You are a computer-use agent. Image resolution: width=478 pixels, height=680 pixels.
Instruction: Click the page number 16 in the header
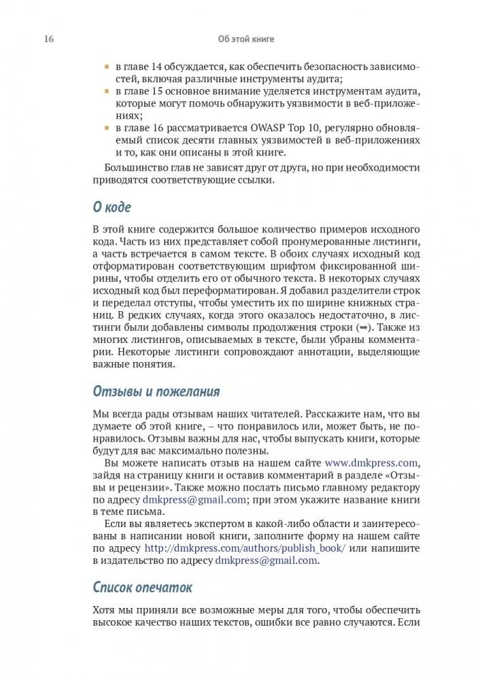[x=49, y=39]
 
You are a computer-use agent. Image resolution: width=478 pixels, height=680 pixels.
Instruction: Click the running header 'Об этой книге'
[x=246, y=39]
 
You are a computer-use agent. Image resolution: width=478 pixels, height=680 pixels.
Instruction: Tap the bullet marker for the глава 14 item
[x=106, y=67]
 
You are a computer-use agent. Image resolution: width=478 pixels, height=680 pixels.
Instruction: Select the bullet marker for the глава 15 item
[x=106, y=90]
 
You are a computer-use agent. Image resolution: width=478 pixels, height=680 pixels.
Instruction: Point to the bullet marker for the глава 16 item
[x=106, y=127]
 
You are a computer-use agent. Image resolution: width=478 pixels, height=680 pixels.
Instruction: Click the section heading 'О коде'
[x=112, y=207]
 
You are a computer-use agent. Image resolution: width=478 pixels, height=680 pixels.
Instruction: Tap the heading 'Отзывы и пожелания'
[x=156, y=391]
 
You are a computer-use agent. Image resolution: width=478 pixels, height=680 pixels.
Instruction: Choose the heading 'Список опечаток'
[x=142, y=586]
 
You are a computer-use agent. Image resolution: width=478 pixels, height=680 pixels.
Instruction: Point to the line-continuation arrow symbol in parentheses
[x=361, y=327]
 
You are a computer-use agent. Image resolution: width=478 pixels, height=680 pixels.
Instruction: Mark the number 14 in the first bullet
[x=154, y=67]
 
